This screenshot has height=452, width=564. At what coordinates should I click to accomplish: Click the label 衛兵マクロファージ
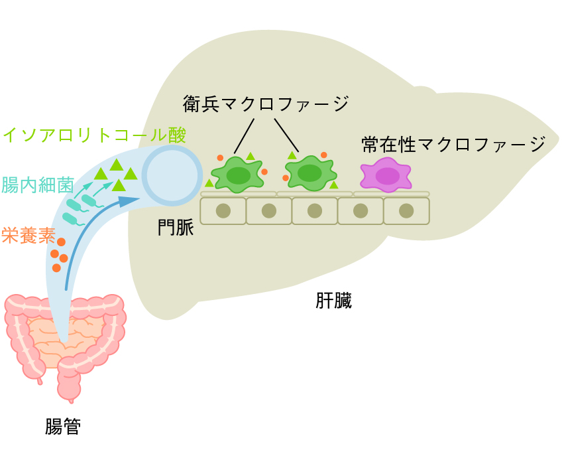[x=266, y=104]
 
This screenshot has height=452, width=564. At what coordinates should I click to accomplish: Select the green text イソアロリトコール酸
[x=94, y=135]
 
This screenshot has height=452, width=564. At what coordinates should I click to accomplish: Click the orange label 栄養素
[x=28, y=236]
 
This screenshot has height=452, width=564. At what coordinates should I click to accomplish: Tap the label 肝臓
[x=333, y=301]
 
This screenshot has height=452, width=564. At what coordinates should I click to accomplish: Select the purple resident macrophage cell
[x=385, y=175]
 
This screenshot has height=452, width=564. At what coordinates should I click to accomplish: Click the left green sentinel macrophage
[x=238, y=175]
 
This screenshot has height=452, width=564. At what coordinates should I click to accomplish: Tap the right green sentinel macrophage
[x=310, y=173]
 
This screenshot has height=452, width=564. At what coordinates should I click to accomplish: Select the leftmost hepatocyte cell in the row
[x=223, y=211]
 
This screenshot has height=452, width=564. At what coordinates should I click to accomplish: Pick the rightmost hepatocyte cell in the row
[x=406, y=211]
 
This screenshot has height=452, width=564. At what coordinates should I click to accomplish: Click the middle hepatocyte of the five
[x=315, y=211]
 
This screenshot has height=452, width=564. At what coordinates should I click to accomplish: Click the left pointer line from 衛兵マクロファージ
[x=245, y=135]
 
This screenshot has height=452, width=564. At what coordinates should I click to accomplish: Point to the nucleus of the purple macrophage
[x=387, y=176]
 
